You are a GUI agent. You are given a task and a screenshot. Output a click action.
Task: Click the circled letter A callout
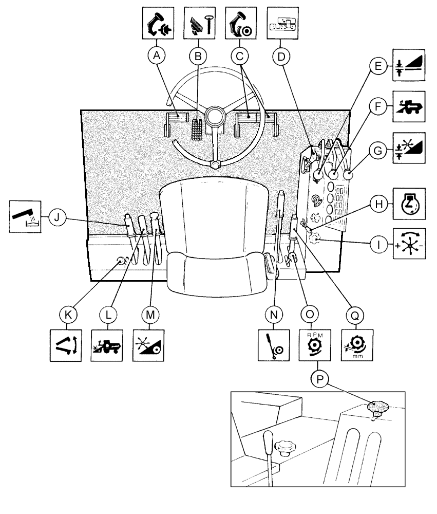pos(157,55)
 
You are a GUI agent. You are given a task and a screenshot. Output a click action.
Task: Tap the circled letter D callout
pos(280,55)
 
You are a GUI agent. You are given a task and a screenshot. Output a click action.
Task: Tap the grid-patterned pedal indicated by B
pos(196,128)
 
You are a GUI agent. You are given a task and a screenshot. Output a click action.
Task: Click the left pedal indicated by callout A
pos(175,121)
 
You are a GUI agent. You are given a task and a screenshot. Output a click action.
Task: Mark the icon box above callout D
pos(280,20)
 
